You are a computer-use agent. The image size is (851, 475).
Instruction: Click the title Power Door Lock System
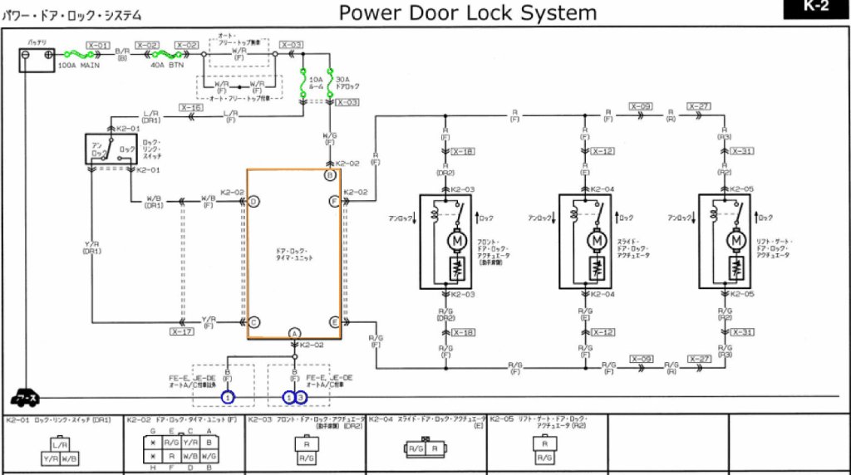468,12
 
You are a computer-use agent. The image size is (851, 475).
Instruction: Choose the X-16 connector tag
191,108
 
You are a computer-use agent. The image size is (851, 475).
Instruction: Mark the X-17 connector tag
182,331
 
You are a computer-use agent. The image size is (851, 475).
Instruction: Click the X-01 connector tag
98,45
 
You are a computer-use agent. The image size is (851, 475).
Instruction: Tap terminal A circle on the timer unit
294,332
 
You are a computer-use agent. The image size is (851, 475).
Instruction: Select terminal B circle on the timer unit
330,176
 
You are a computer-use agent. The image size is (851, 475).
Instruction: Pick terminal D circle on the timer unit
254,201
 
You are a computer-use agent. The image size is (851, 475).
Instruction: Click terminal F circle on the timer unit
334,201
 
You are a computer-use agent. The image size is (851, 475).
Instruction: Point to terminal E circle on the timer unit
334,321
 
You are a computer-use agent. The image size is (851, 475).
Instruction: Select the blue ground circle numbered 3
301,398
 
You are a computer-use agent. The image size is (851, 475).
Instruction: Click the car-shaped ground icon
24,398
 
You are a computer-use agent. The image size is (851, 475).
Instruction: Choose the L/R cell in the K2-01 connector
49,446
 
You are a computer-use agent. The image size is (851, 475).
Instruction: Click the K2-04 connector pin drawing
425,449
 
